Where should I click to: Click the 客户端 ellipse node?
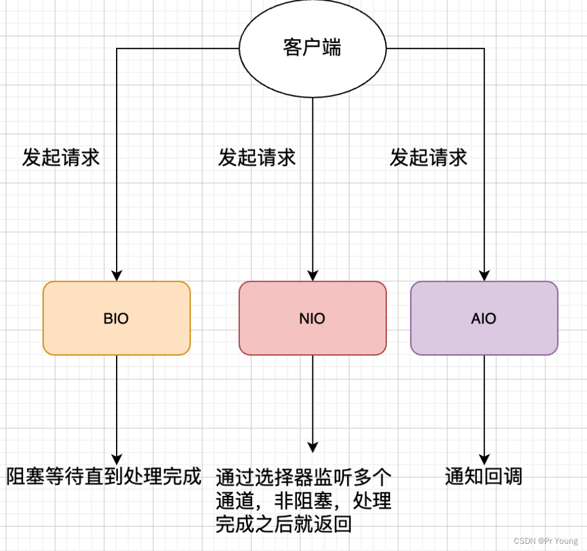click(313, 48)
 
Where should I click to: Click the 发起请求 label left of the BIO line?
click(60, 158)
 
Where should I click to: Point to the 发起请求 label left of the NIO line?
click(257, 158)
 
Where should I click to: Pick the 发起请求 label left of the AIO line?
click(429, 158)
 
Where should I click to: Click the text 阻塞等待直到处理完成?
click(103, 477)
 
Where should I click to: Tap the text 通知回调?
click(484, 477)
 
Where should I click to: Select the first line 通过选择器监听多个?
click(304, 478)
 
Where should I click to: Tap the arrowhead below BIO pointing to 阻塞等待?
click(117, 459)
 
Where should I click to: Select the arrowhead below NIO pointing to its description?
click(313, 448)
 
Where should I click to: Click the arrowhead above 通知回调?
click(484, 459)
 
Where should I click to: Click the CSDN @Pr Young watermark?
click(545, 541)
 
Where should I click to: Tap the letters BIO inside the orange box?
click(116, 318)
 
